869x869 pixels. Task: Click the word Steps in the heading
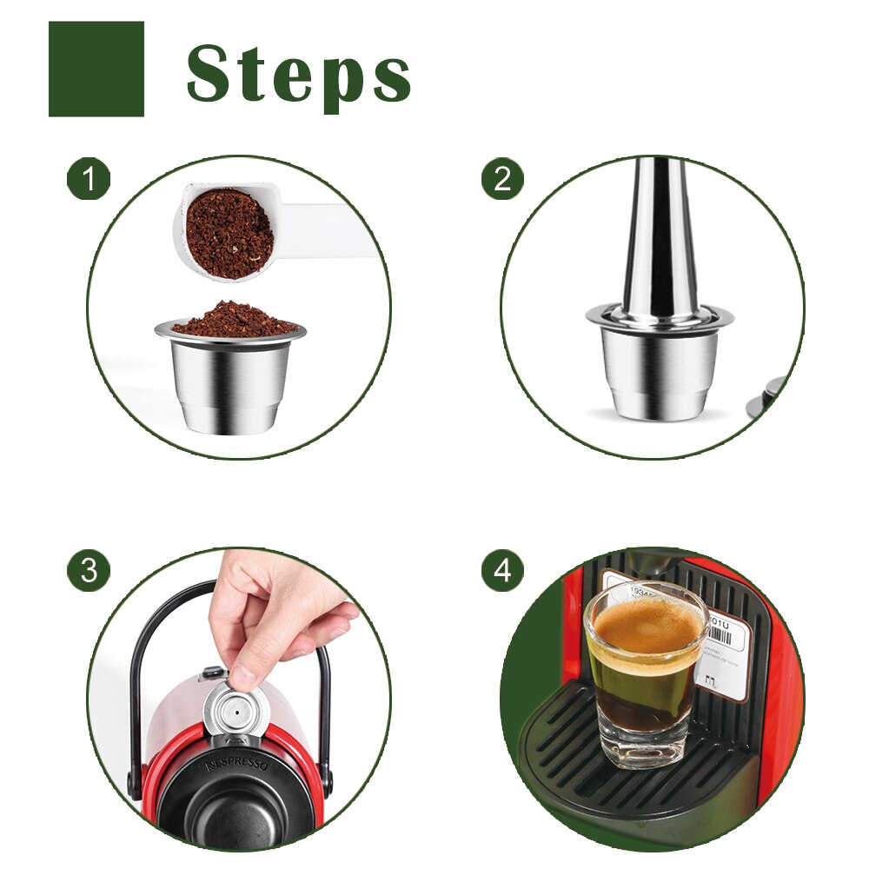298,73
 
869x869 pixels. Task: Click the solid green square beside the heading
96,69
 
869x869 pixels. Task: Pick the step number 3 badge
89,570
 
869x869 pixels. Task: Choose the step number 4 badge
502,570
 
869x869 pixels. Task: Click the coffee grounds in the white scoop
229,233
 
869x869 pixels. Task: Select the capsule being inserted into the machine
231,708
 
